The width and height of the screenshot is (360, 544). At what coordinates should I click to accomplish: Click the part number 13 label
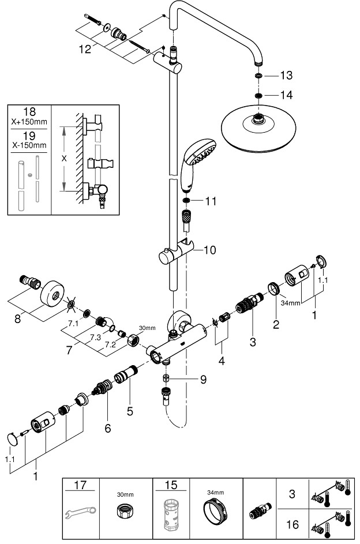(286, 76)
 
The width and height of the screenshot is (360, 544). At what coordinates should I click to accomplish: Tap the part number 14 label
(286, 95)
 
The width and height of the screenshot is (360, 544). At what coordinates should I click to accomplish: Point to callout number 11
(210, 201)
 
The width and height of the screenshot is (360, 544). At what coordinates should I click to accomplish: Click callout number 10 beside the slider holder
(209, 250)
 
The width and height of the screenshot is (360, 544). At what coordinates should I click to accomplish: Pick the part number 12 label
(85, 50)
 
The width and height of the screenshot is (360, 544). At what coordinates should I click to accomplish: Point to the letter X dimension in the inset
(63, 157)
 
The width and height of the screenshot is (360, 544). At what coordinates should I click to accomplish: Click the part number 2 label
(276, 324)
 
